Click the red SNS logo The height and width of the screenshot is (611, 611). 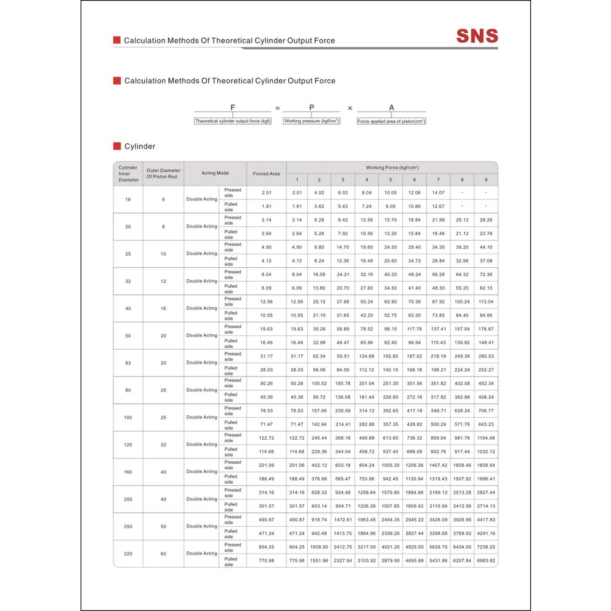[x=477, y=36]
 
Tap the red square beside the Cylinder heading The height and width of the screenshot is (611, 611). [x=117, y=146]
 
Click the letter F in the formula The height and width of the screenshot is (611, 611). [x=233, y=107]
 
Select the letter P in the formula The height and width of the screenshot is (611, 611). [x=311, y=107]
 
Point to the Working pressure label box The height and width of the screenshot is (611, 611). [x=311, y=121]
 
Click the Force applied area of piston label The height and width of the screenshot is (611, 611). [x=391, y=121]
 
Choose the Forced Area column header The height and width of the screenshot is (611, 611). [x=266, y=174]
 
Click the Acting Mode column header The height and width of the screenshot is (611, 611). [x=215, y=174]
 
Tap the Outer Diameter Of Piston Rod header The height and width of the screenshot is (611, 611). [x=163, y=174]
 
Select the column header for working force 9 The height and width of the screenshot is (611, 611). [x=486, y=180]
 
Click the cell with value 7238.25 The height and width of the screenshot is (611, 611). [x=486, y=547]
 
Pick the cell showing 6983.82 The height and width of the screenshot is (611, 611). [x=486, y=561]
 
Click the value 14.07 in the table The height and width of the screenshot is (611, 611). [x=438, y=193]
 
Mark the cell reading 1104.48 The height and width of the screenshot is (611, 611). [x=486, y=438]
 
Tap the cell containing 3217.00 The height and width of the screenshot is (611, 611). [x=366, y=547]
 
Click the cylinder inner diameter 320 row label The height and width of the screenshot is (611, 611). [x=128, y=554]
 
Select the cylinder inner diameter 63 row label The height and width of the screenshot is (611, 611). [x=128, y=363]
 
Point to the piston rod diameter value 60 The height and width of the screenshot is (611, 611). [x=163, y=554]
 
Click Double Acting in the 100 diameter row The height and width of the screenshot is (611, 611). [x=202, y=418]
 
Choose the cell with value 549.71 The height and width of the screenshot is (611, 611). [x=438, y=411]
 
